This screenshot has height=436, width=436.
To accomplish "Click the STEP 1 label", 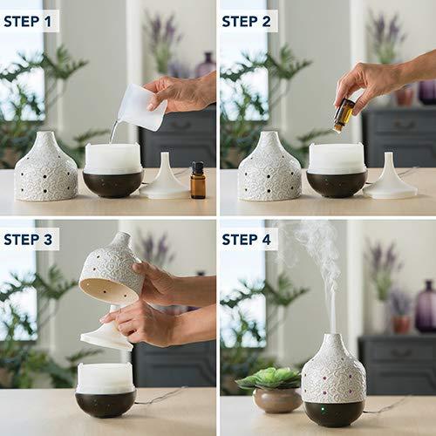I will [30, 20].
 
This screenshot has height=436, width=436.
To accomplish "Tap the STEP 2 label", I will [248, 20].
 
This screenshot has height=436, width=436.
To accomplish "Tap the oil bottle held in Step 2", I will [344, 114].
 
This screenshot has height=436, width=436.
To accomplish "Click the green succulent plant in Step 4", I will [269, 378].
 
